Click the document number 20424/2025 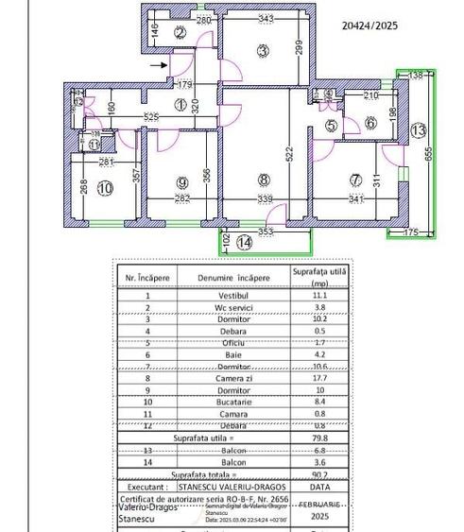pos(369,27)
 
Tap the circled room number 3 pos(263,50)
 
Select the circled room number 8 pos(265,180)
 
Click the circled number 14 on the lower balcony pos(246,243)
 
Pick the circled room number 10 pos(104,189)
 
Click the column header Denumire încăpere pos(235,279)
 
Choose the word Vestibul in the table pos(235,296)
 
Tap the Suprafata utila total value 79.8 pos(319,438)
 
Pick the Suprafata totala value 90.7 pos(319,474)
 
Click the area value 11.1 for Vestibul pos(319,296)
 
